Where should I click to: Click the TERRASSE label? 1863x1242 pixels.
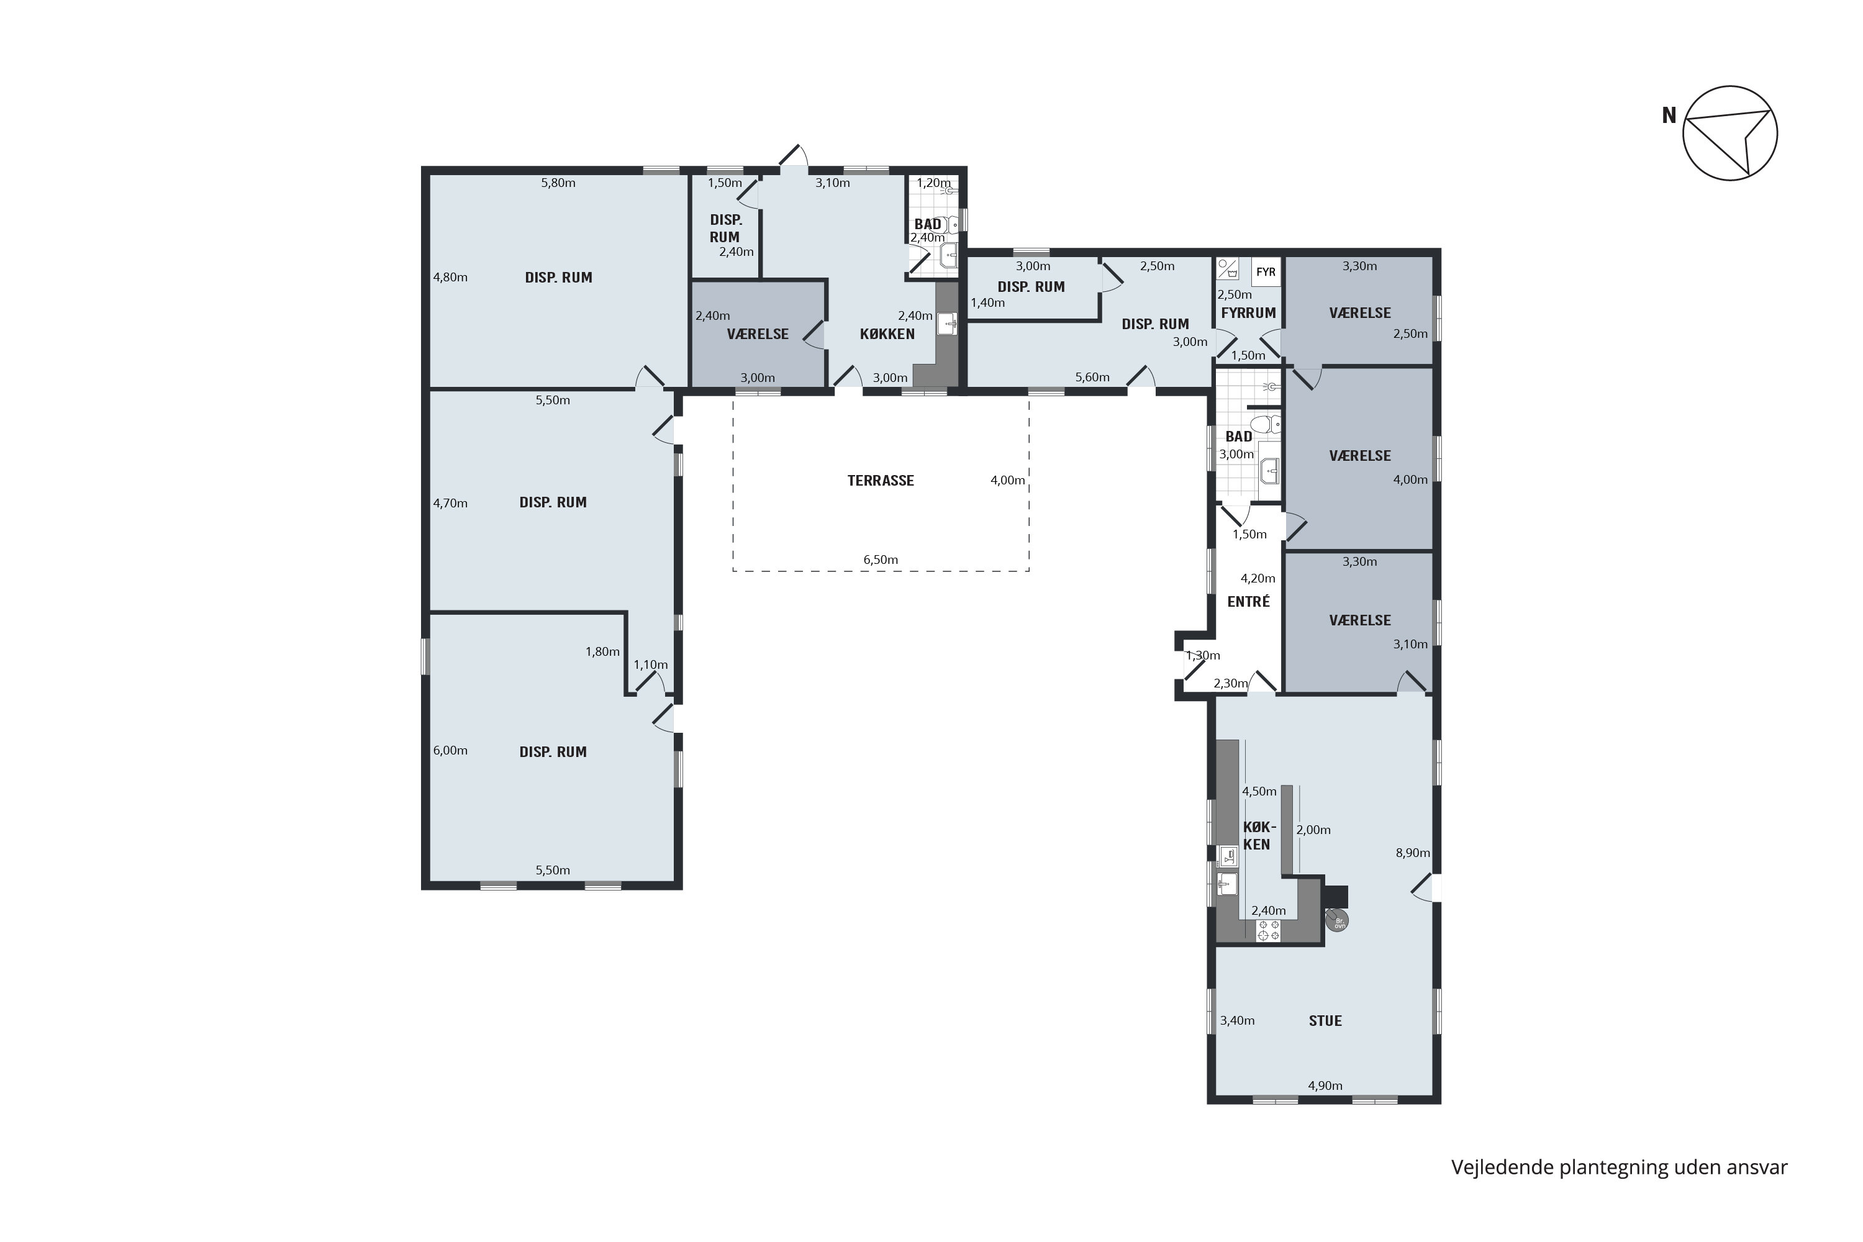pyautogui.click(x=880, y=481)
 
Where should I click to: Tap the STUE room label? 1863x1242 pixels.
pyautogui.click(x=1325, y=1021)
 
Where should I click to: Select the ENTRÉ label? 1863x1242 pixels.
pyautogui.click(x=1248, y=602)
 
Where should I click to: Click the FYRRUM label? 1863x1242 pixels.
pyautogui.click(x=1248, y=313)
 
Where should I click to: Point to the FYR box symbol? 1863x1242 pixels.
pyautogui.click(x=1266, y=272)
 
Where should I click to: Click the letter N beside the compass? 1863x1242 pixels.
pyautogui.click(x=1669, y=116)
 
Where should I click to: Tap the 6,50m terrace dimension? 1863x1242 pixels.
pyautogui.click(x=880, y=560)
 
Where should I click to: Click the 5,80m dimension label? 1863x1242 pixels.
pyautogui.click(x=558, y=183)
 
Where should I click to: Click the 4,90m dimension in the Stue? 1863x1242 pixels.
pyautogui.click(x=1325, y=1086)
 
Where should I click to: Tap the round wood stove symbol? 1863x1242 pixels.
pyautogui.click(x=1337, y=921)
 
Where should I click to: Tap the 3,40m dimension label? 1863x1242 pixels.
pyautogui.click(x=1237, y=1021)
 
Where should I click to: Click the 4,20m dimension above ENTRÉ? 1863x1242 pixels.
pyautogui.click(x=1258, y=579)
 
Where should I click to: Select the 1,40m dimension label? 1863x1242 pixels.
pyautogui.click(x=988, y=302)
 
